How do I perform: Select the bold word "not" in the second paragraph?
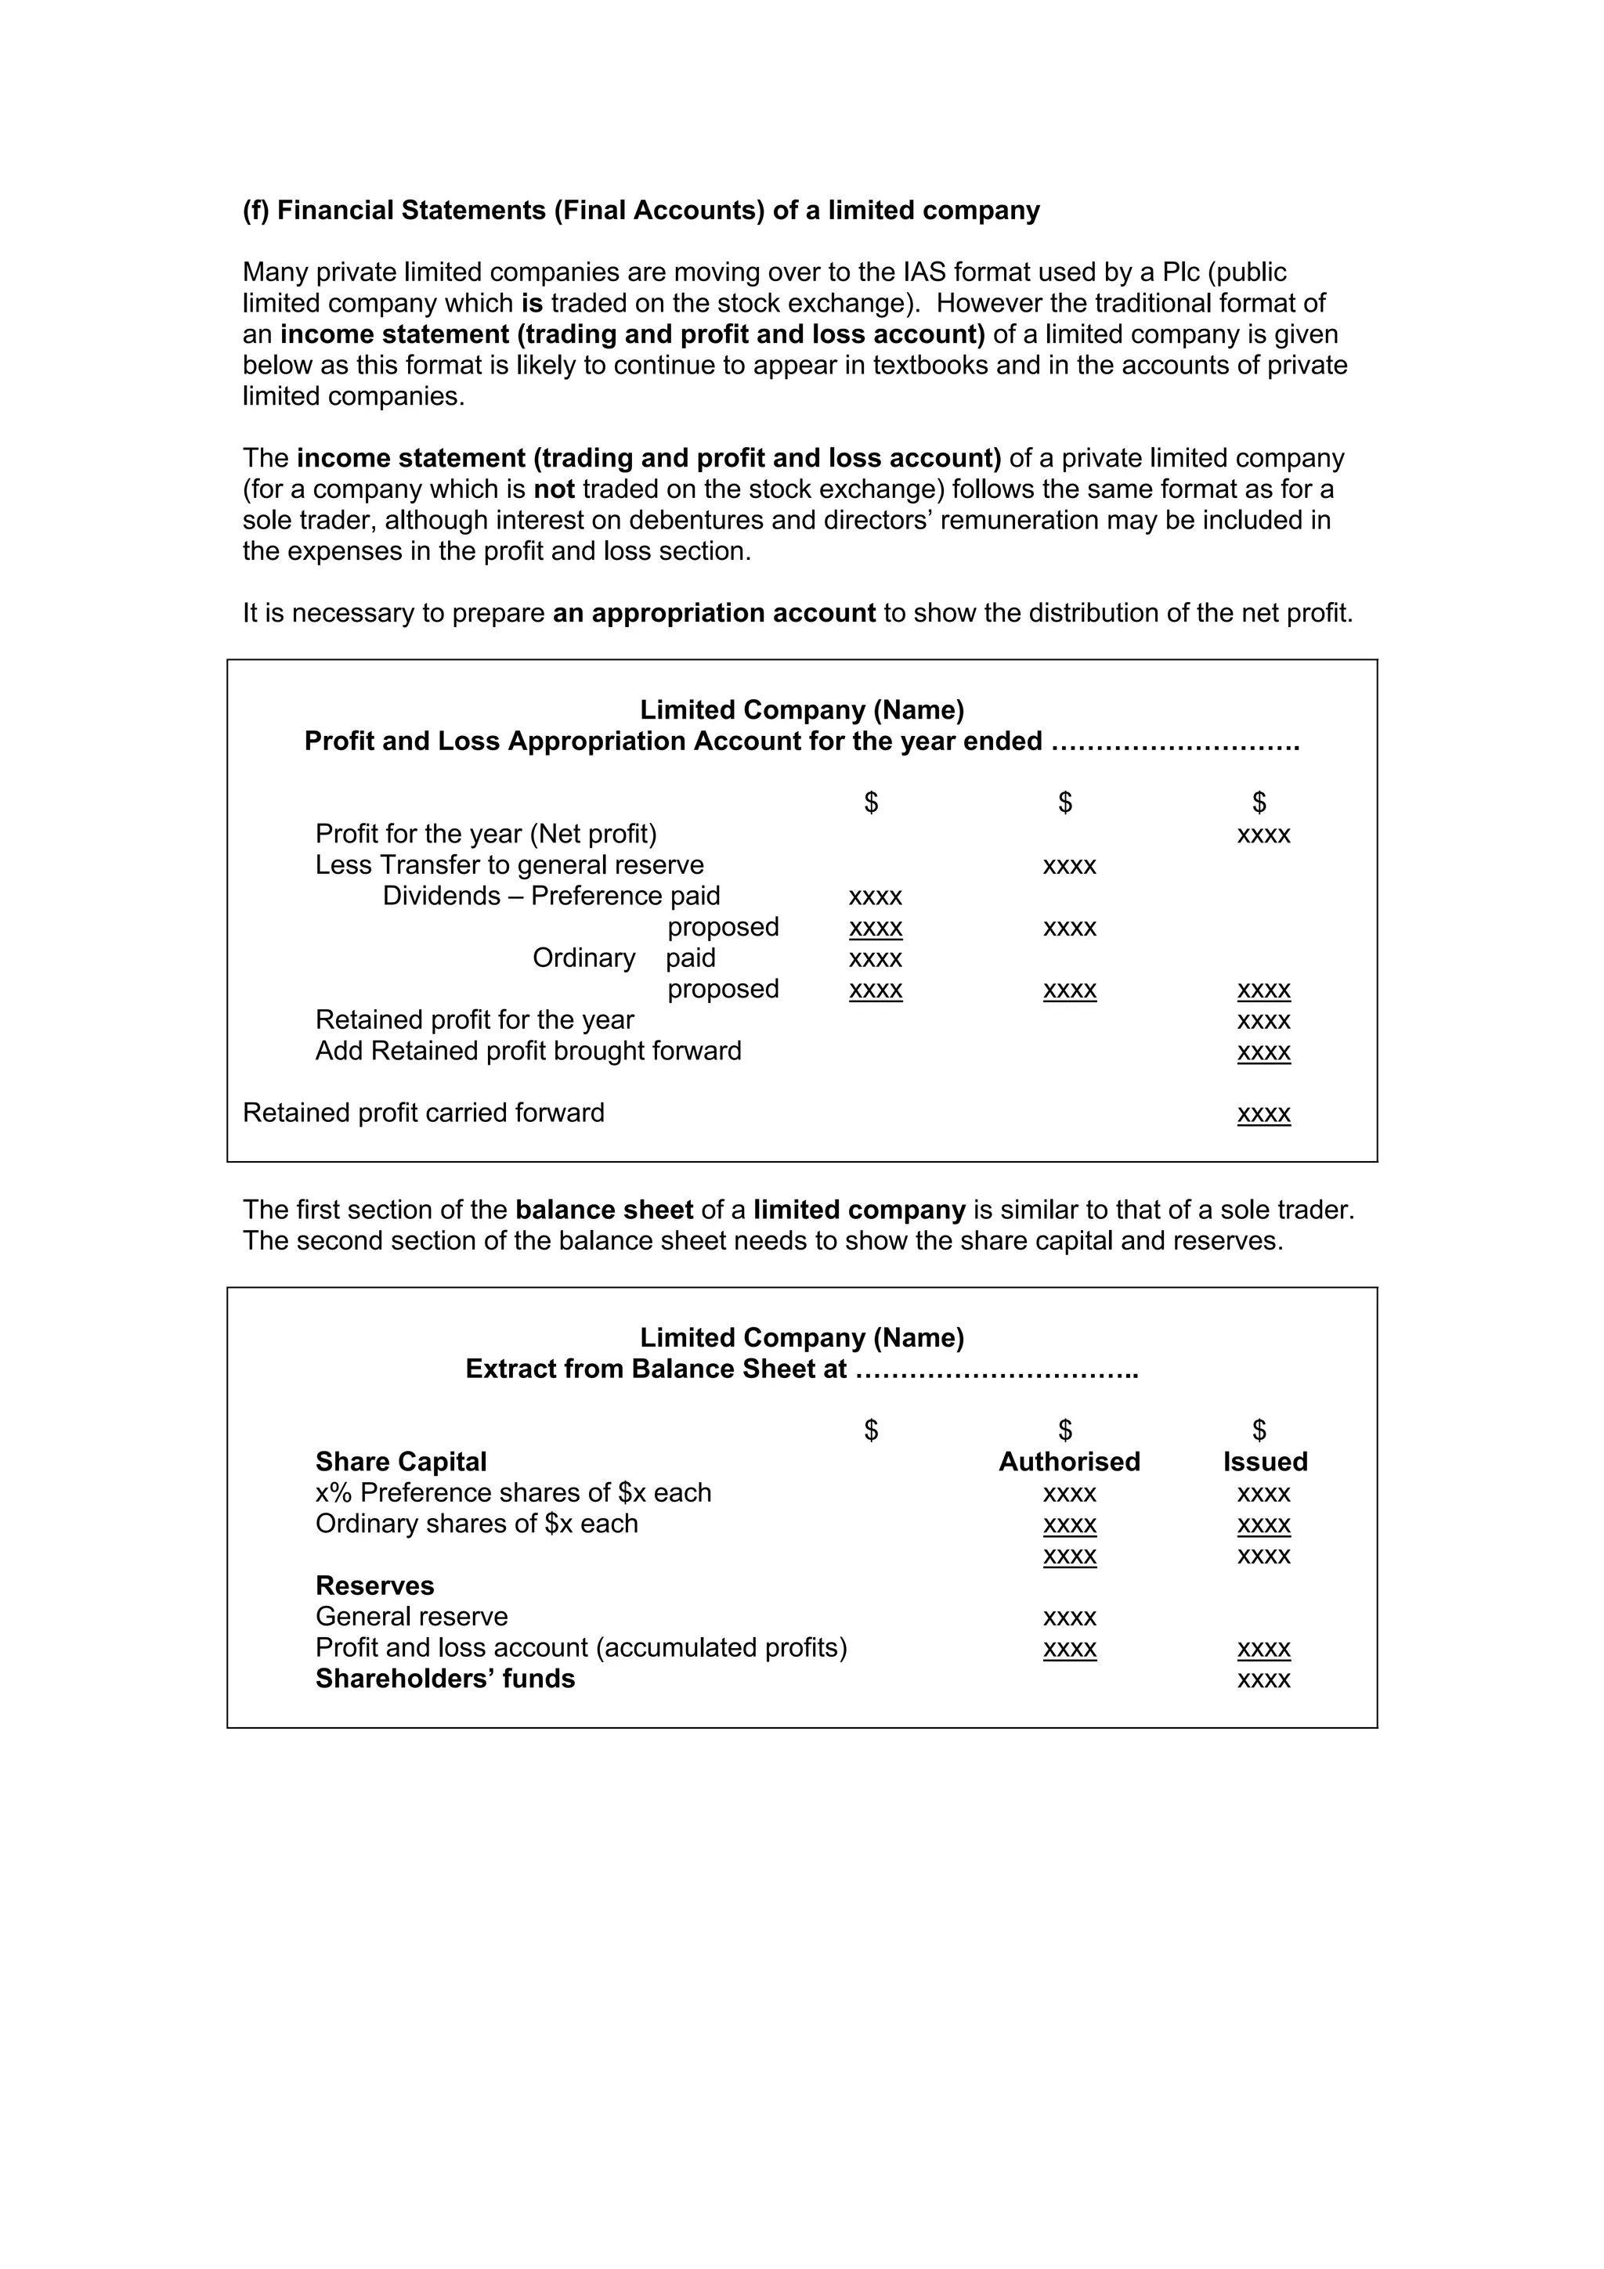pos(554,489)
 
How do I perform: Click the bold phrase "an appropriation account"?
pos(713,613)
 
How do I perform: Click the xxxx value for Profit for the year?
pos(1263,835)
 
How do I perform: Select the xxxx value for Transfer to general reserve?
pos(1069,867)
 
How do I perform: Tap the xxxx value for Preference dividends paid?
pos(875,897)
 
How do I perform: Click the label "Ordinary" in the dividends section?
pos(583,958)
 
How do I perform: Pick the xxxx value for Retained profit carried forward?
pos(1263,1113)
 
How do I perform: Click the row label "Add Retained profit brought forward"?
pos(528,1051)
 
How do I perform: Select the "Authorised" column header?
pos(1068,1462)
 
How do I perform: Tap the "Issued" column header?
pos(1264,1462)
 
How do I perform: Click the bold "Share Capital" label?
pos(400,1462)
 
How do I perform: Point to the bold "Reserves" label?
pos(374,1585)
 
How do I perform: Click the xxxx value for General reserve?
pos(1069,1618)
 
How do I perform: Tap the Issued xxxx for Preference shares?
pos(1263,1494)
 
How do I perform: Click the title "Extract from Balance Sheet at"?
pos(656,1369)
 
